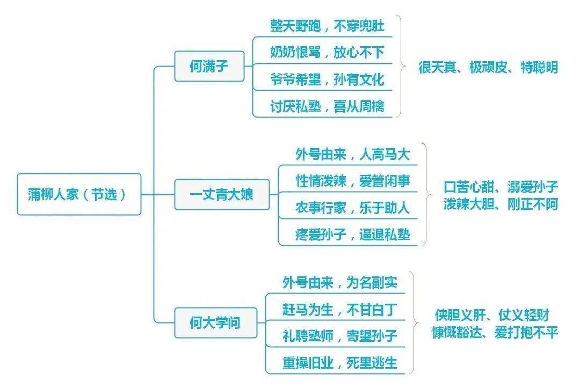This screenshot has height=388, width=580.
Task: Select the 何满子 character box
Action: (x=209, y=67)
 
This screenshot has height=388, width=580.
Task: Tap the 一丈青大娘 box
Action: (x=221, y=194)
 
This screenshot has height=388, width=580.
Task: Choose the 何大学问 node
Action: (x=214, y=323)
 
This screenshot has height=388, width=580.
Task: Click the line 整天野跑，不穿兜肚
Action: (x=327, y=25)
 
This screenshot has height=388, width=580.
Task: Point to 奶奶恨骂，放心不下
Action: (x=327, y=52)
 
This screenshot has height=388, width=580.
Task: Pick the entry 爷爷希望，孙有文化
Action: (x=327, y=79)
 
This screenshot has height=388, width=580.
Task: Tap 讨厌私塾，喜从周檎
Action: (x=327, y=106)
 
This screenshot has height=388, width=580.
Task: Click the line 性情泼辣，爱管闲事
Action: (x=352, y=181)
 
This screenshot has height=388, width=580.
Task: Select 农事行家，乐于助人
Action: (x=352, y=208)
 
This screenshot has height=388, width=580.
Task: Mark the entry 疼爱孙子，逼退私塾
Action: (x=352, y=235)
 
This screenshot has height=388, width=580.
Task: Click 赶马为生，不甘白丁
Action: (x=339, y=310)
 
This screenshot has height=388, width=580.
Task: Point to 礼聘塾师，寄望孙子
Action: (x=339, y=336)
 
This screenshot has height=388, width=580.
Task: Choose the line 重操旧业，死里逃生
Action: (x=339, y=363)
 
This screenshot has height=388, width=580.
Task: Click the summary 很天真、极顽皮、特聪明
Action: (x=488, y=68)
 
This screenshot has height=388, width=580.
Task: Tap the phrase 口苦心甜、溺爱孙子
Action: (x=501, y=187)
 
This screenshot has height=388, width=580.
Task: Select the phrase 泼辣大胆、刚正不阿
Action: (x=501, y=204)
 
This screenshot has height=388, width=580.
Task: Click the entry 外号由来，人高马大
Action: (x=352, y=155)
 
